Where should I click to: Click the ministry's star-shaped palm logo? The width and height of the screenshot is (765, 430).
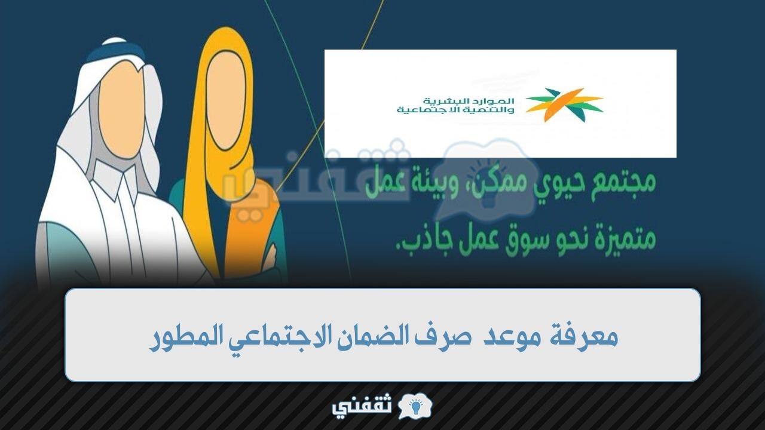[565, 105]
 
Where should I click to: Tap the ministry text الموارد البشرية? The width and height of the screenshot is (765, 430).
[468, 101]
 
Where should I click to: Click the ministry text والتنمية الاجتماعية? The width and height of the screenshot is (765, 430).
[455, 110]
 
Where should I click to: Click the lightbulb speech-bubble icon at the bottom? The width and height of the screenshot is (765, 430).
[415, 406]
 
